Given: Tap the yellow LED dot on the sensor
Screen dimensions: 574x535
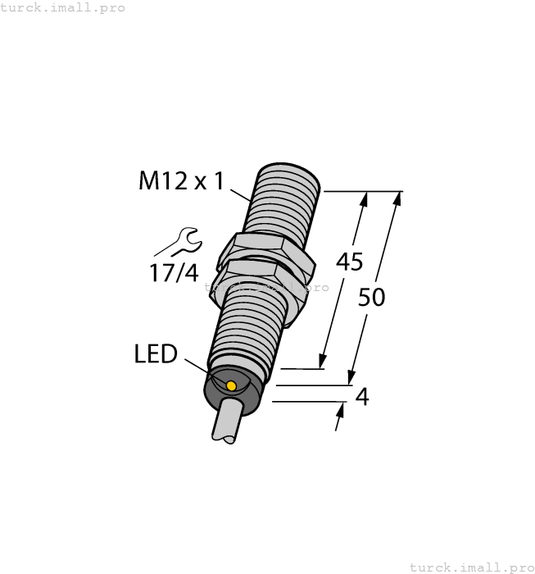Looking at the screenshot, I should tap(231, 385).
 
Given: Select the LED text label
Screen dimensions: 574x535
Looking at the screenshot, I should tap(156, 354).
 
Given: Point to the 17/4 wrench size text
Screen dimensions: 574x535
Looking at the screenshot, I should tap(173, 273).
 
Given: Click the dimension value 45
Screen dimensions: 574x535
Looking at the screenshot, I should tap(350, 262).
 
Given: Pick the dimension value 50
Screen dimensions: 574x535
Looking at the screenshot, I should tap(372, 297).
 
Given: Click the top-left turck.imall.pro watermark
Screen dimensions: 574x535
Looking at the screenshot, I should tap(62, 7).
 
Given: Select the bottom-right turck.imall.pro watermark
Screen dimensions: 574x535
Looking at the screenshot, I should tap(471, 567).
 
